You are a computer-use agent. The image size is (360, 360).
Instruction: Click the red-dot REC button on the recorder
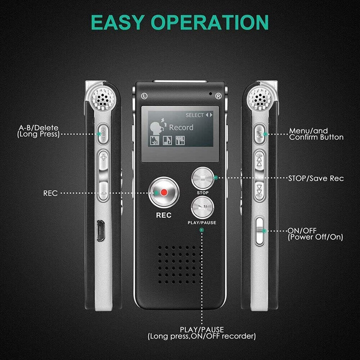pyautogui.click(x=164, y=193)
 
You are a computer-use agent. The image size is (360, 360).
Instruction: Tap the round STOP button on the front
pyautogui.click(x=202, y=178)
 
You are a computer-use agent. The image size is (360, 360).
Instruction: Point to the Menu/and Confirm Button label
pyautogui.click(x=316, y=134)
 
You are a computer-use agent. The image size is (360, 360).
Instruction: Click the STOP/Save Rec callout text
pyautogui.click(x=316, y=178)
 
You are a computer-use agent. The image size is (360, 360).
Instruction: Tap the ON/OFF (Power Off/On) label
pyautogui.click(x=315, y=234)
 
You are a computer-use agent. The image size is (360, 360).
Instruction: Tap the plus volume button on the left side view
pyautogui.click(x=104, y=157)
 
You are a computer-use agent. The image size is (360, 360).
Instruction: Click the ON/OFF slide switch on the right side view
pyautogui.click(x=260, y=230)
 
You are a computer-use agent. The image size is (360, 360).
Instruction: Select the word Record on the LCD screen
pyautogui.click(x=181, y=127)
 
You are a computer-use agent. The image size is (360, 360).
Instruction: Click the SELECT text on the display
pyautogui.click(x=194, y=115)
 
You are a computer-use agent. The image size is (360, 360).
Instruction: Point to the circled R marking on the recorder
pyautogui.click(x=218, y=95)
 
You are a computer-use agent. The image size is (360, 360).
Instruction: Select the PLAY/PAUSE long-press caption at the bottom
pyautogui.click(x=202, y=333)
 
